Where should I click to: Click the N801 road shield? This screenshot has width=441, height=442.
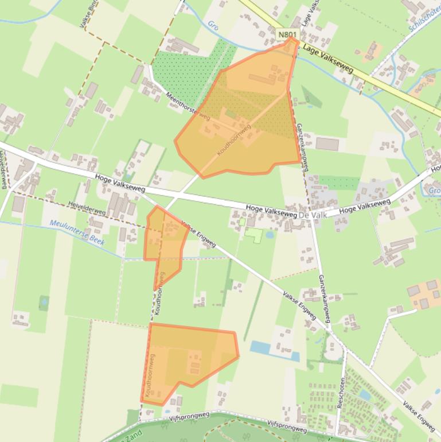point(288,35)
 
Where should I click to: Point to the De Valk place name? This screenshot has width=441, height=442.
point(313,214)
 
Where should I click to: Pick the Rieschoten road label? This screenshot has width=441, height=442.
point(342,391)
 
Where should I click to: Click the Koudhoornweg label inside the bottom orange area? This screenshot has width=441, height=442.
point(151,376)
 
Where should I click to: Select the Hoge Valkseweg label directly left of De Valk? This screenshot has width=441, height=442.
point(271,211)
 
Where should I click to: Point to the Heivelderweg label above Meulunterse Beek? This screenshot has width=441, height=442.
point(87,211)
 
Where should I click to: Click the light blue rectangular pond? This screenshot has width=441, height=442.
point(274,350)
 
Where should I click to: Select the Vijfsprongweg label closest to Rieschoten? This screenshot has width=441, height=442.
point(287,425)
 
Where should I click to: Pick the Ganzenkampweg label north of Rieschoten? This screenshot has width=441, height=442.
point(324,298)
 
